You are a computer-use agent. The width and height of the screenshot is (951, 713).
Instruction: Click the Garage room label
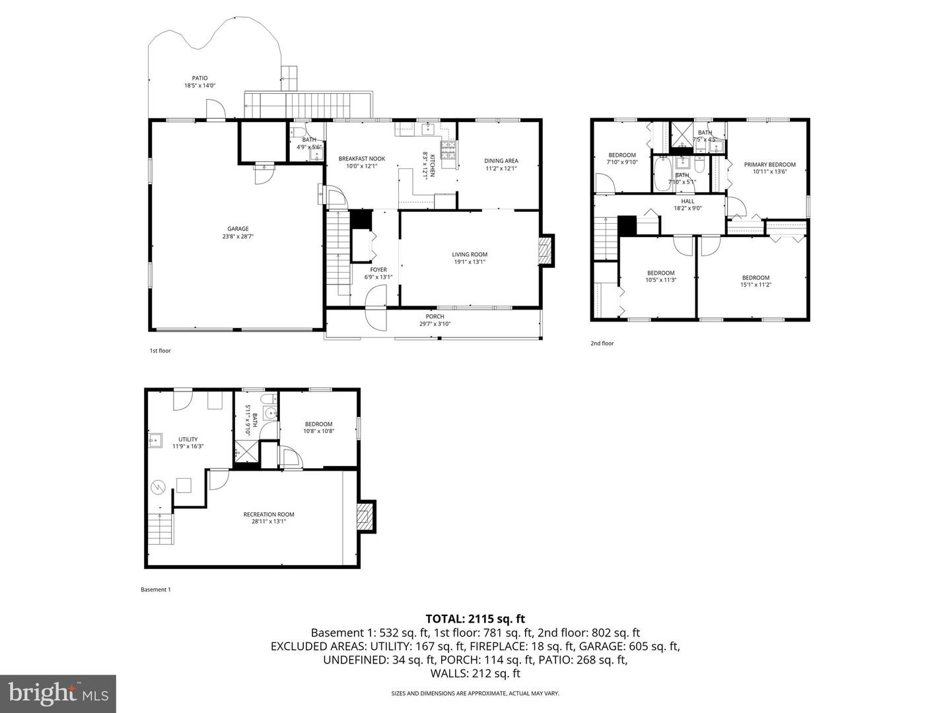(238, 229)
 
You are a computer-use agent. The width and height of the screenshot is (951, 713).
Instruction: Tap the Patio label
(199, 78)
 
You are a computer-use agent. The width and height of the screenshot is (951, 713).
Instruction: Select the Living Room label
(470, 254)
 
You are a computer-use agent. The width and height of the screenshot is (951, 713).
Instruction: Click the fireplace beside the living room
(546, 252)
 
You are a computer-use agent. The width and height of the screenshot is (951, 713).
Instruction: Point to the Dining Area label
(501, 160)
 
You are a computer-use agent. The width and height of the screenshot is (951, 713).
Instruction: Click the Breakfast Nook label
(361, 158)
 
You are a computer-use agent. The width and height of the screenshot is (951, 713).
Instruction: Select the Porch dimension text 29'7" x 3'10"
(435, 323)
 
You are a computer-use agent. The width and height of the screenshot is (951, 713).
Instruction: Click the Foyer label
(378, 269)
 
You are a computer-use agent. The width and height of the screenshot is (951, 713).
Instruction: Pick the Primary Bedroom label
(769, 164)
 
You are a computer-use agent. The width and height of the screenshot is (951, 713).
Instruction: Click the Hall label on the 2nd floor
(687, 201)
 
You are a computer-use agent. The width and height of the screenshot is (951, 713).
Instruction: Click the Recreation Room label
(268, 514)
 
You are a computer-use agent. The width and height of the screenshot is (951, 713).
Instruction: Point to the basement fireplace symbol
(365, 516)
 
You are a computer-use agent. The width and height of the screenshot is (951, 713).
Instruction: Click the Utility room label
(188, 439)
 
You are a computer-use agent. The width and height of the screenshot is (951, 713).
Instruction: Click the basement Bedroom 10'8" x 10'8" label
(318, 424)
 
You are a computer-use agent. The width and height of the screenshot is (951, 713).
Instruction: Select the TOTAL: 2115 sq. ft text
(475, 619)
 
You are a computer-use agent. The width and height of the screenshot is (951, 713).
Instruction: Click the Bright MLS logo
(58, 693)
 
